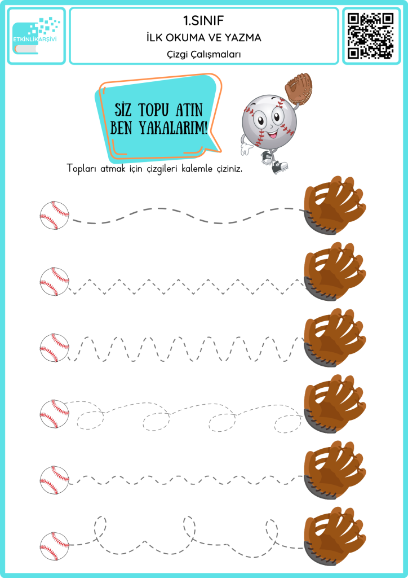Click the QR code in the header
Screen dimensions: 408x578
coord(371,36)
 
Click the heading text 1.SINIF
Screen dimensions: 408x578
coord(203,21)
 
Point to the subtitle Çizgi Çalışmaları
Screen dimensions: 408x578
coord(203,54)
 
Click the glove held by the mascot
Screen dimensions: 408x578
coord(298,87)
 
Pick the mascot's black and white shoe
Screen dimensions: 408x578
coord(279,168)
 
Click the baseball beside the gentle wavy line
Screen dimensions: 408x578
coord(55,216)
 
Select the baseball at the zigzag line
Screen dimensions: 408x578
coord(55,282)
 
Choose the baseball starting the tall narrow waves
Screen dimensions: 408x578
coord(55,348)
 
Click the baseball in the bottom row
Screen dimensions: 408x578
coord(55,546)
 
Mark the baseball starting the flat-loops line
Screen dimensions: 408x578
coord(55,414)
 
